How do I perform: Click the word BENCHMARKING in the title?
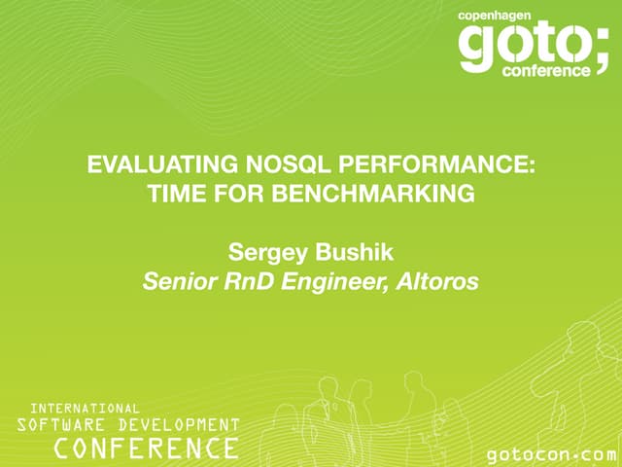point(388,194)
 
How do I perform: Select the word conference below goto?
point(545,70)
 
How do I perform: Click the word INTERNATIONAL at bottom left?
point(85,408)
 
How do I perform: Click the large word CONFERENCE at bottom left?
point(146,448)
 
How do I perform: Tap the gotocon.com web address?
point(551,454)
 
